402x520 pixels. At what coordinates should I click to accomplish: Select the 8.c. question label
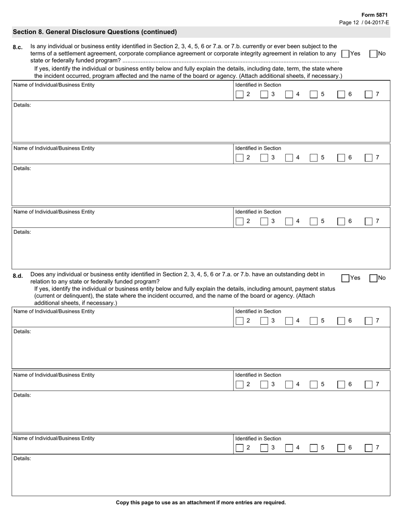(18, 47)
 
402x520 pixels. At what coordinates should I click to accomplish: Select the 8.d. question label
(18, 276)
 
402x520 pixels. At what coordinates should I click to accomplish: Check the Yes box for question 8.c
(345, 54)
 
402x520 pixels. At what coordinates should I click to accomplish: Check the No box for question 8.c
(373, 54)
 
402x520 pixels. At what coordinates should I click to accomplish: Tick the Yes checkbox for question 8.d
(345, 278)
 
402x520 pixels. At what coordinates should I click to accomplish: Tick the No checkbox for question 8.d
(373, 278)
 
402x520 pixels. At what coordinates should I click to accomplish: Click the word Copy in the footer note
(122, 503)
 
